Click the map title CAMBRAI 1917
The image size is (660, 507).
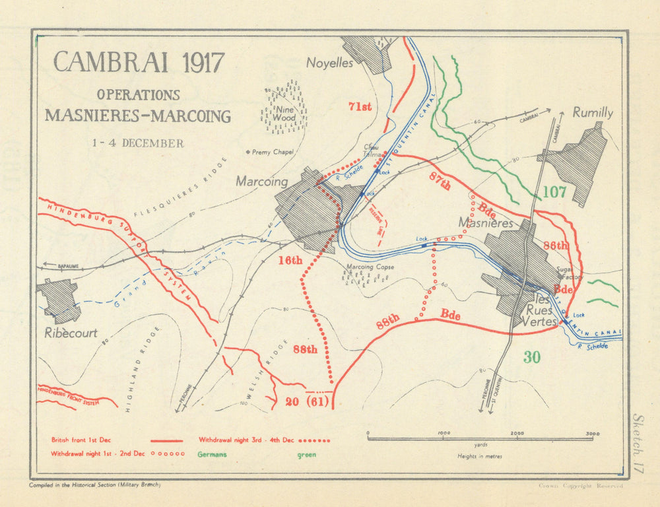pos(139,62)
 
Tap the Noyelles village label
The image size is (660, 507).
pos(329,63)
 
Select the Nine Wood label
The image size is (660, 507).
pos(284,114)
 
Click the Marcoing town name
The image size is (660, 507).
pos(262,182)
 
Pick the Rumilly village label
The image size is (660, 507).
pos(592,113)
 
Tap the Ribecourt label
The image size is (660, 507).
pos(71,333)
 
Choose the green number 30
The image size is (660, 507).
pos(532,357)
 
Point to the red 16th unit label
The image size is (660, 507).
pos(289,260)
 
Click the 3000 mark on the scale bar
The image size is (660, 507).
pos(592,434)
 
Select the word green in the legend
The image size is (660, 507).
pos(306,455)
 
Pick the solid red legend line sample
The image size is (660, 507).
pos(166,440)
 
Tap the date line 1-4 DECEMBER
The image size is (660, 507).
pos(138,143)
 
